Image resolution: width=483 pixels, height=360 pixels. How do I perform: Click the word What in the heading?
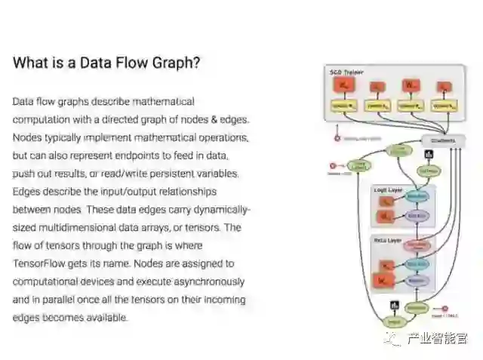pos(28,63)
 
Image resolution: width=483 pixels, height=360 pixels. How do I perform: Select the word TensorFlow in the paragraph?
pos(39,263)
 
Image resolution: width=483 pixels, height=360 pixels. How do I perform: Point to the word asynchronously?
pos(202,282)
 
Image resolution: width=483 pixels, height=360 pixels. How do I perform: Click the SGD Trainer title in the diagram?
pos(346,72)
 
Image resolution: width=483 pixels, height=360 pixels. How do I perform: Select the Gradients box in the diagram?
pos(442,141)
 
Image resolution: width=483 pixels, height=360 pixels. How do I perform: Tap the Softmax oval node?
pos(428,171)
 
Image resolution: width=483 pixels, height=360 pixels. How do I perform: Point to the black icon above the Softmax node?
pos(429,155)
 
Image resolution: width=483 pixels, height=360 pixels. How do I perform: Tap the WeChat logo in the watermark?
pos(392,339)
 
